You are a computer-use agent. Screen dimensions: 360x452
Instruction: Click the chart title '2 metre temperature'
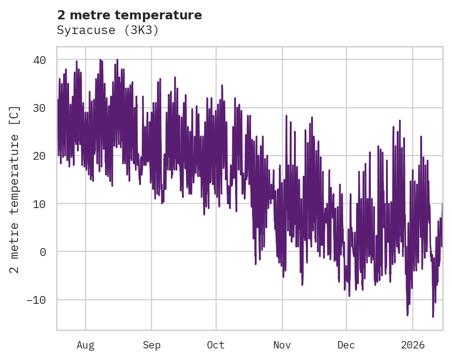tap(129, 15)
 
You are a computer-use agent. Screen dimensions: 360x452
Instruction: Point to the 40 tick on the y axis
tap(39, 60)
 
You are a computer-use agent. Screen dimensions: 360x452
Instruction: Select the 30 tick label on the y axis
tap(39, 108)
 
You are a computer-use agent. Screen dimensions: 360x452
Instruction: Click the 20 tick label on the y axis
tap(39, 156)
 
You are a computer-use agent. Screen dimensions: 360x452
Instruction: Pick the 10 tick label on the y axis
tap(39, 204)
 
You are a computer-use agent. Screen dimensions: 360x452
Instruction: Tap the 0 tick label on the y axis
tap(42, 252)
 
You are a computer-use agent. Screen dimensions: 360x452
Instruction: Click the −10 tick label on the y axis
tap(36, 300)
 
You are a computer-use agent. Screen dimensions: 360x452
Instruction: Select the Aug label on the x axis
tap(85, 345)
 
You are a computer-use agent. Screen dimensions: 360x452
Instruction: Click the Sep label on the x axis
tap(152, 345)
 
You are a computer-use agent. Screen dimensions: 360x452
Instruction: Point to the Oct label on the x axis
tap(216, 345)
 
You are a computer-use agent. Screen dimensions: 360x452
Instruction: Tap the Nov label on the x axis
tap(282, 345)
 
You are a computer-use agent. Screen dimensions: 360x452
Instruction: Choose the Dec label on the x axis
tap(346, 345)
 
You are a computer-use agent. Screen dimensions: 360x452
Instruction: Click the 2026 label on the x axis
tap(413, 345)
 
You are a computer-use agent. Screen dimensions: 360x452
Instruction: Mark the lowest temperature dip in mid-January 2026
tap(433, 316)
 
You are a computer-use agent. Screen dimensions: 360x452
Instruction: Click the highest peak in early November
tap(286, 116)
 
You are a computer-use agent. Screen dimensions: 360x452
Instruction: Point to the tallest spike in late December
tap(399, 121)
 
